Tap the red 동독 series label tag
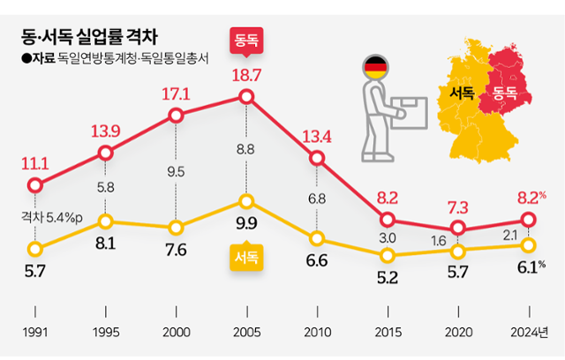coord(246,41)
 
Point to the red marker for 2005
coord(246,97)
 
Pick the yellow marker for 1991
coord(34,248)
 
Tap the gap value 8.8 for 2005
coord(246,150)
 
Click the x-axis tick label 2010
coord(317,333)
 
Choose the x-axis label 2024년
coord(530,333)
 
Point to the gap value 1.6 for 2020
coord(458,240)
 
